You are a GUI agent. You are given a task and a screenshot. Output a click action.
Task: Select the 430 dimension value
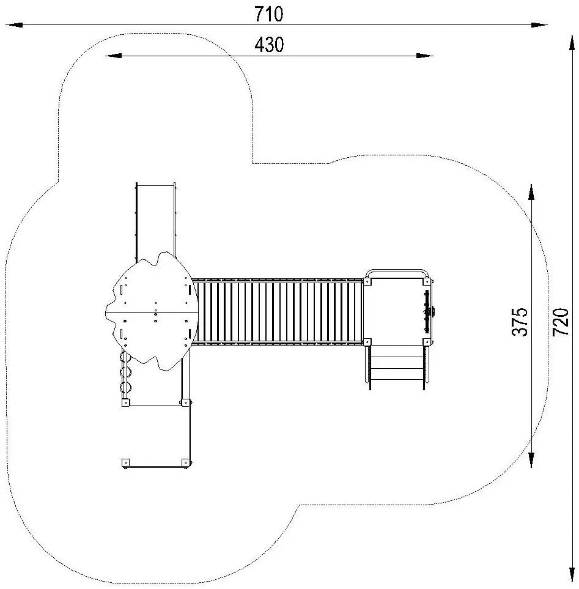click(x=269, y=45)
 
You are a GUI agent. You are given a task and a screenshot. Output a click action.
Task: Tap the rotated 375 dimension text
click(x=520, y=321)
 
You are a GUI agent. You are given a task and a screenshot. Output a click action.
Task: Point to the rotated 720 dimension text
click(x=561, y=321)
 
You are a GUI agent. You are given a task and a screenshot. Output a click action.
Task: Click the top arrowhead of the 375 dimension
click(x=532, y=192)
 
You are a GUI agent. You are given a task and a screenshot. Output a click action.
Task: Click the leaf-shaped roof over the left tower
click(x=153, y=312)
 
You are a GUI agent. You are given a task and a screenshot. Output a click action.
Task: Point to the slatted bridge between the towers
click(x=278, y=312)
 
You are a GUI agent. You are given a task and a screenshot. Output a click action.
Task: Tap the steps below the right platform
click(x=396, y=365)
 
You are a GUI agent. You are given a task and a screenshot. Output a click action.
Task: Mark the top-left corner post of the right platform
click(x=367, y=281)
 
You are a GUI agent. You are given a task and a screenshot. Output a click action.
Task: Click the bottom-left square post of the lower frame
click(x=126, y=462)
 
